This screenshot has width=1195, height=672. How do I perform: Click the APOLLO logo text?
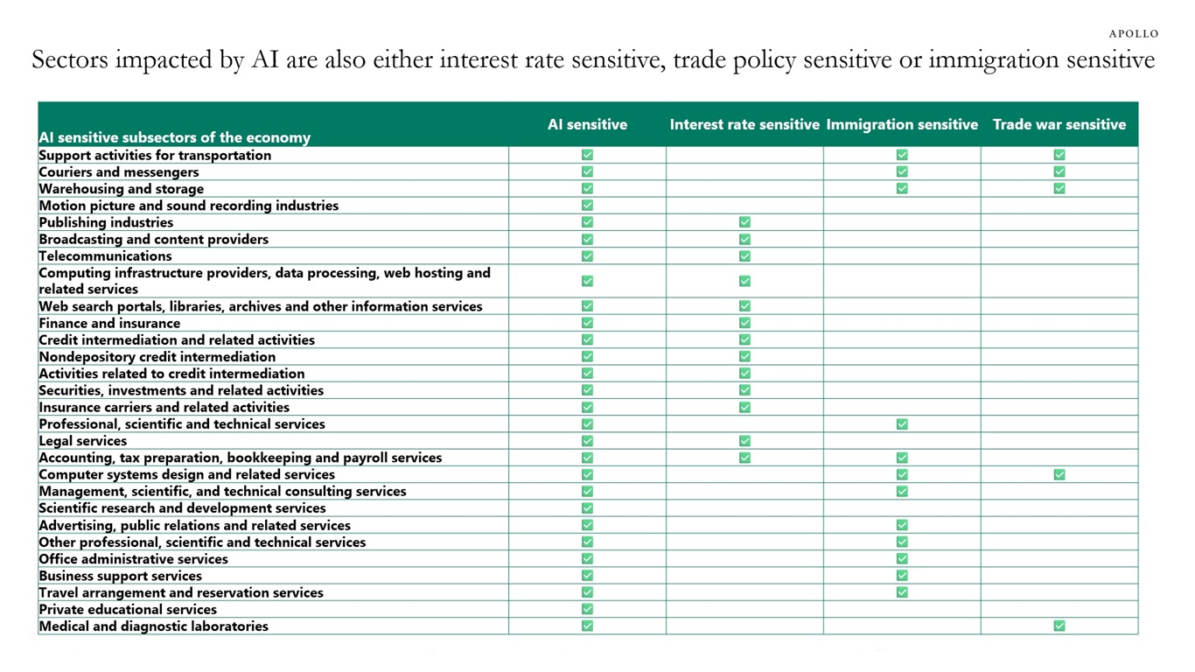(x=1134, y=34)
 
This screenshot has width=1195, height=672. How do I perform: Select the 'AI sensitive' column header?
(x=587, y=124)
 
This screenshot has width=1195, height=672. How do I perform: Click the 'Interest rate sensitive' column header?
(x=744, y=124)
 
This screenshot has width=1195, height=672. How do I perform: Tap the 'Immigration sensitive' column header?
(x=902, y=124)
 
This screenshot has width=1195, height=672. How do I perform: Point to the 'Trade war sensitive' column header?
(x=1059, y=124)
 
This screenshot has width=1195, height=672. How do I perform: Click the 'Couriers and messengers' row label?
(x=119, y=172)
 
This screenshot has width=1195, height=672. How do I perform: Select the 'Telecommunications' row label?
(x=105, y=256)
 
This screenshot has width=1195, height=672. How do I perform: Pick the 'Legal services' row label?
(x=83, y=441)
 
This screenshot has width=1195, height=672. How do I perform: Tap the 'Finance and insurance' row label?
(x=109, y=324)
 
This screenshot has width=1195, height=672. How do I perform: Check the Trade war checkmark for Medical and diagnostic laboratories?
(x=1059, y=626)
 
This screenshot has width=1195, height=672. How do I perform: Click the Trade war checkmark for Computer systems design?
(x=1059, y=474)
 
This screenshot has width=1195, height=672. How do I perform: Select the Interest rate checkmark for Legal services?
(x=744, y=441)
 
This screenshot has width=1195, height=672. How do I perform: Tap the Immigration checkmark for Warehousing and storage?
(x=902, y=188)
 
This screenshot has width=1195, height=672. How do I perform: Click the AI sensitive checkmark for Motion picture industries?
(x=587, y=205)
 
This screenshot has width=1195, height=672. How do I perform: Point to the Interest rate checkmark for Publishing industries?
(x=744, y=222)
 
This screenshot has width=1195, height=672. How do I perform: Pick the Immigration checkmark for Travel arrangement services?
(x=902, y=592)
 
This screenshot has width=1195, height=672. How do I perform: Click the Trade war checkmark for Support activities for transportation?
(x=1059, y=155)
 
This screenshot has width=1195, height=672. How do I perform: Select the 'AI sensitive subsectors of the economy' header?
(x=175, y=137)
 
